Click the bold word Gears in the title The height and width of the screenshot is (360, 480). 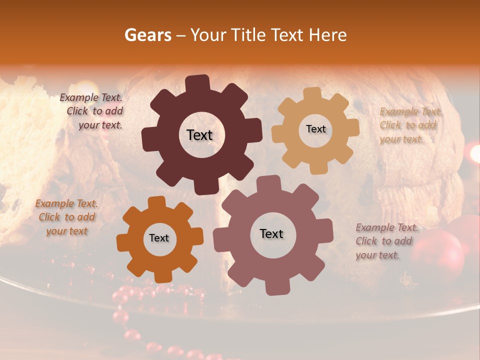pyautogui.click(x=147, y=35)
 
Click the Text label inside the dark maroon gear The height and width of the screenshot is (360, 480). pyautogui.click(x=199, y=135)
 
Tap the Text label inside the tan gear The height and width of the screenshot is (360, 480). pyautogui.click(x=315, y=129)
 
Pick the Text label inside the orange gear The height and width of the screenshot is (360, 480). pyautogui.click(x=159, y=238)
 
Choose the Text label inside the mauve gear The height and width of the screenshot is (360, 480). pyautogui.click(x=271, y=233)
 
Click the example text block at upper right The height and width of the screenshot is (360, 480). pyautogui.click(x=410, y=125)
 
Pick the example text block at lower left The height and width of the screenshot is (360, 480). pyautogui.click(x=66, y=217)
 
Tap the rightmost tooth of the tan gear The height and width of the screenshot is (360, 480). pyautogui.click(x=353, y=127)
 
